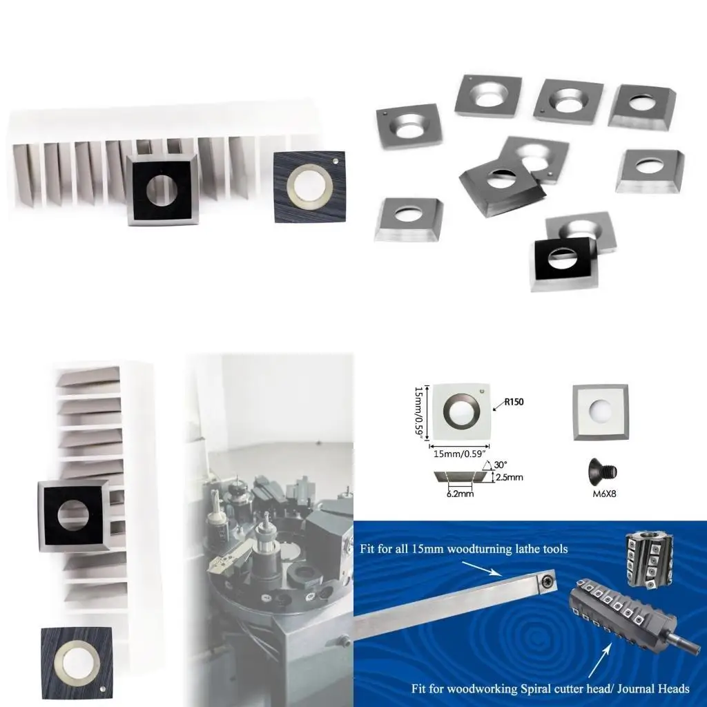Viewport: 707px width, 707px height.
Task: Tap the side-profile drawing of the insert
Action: pyautogui.click(x=461, y=477)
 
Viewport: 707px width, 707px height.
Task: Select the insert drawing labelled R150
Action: pyautogui.click(x=461, y=411)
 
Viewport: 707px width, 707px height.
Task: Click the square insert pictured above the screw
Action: pyautogui.click(x=600, y=413)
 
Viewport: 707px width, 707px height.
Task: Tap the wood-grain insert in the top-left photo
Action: pyautogui.click(x=310, y=186)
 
